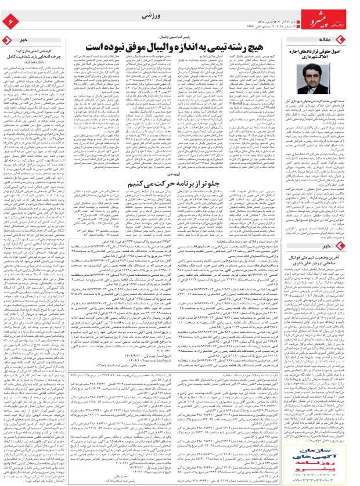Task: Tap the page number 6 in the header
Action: (x=12, y=21)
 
